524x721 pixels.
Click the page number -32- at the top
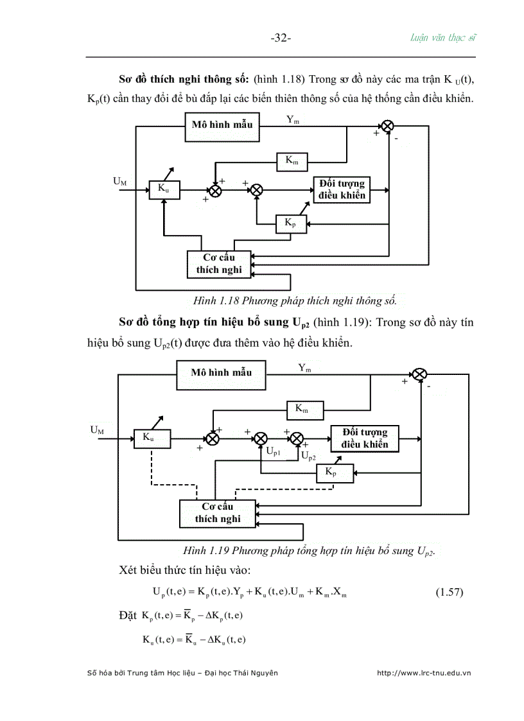click(281, 38)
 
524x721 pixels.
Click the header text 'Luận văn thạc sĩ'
click(443, 37)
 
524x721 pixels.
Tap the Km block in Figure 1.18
click(292, 161)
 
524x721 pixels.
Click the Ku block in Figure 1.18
click(164, 189)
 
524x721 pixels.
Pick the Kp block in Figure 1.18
click(290, 223)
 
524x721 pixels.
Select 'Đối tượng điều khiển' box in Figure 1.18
click(342, 189)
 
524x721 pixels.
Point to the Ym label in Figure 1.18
click(292, 119)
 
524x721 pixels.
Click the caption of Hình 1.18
click(295, 300)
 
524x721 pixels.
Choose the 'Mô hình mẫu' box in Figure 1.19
click(221, 373)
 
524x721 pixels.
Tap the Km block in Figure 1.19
click(301, 408)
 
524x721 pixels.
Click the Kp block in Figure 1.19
click(330, 473)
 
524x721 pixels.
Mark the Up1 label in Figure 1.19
click(273, 452)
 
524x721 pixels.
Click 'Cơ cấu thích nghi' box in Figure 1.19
click(217, 512)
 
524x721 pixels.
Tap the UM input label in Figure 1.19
click(98, 430)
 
